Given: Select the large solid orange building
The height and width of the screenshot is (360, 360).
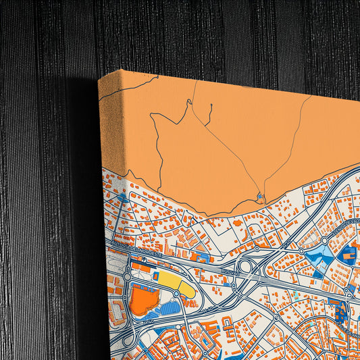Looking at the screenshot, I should [x=144, y=300].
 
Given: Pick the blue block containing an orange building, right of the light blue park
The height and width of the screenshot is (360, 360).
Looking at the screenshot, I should [x=349, y=255].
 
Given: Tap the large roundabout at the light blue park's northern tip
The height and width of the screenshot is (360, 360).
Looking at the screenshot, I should [x=326, y=240].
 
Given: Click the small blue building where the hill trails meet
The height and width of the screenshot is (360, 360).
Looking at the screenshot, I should [x=261, y=197].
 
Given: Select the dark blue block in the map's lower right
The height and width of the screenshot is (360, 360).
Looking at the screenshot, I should [x=342, y=311].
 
